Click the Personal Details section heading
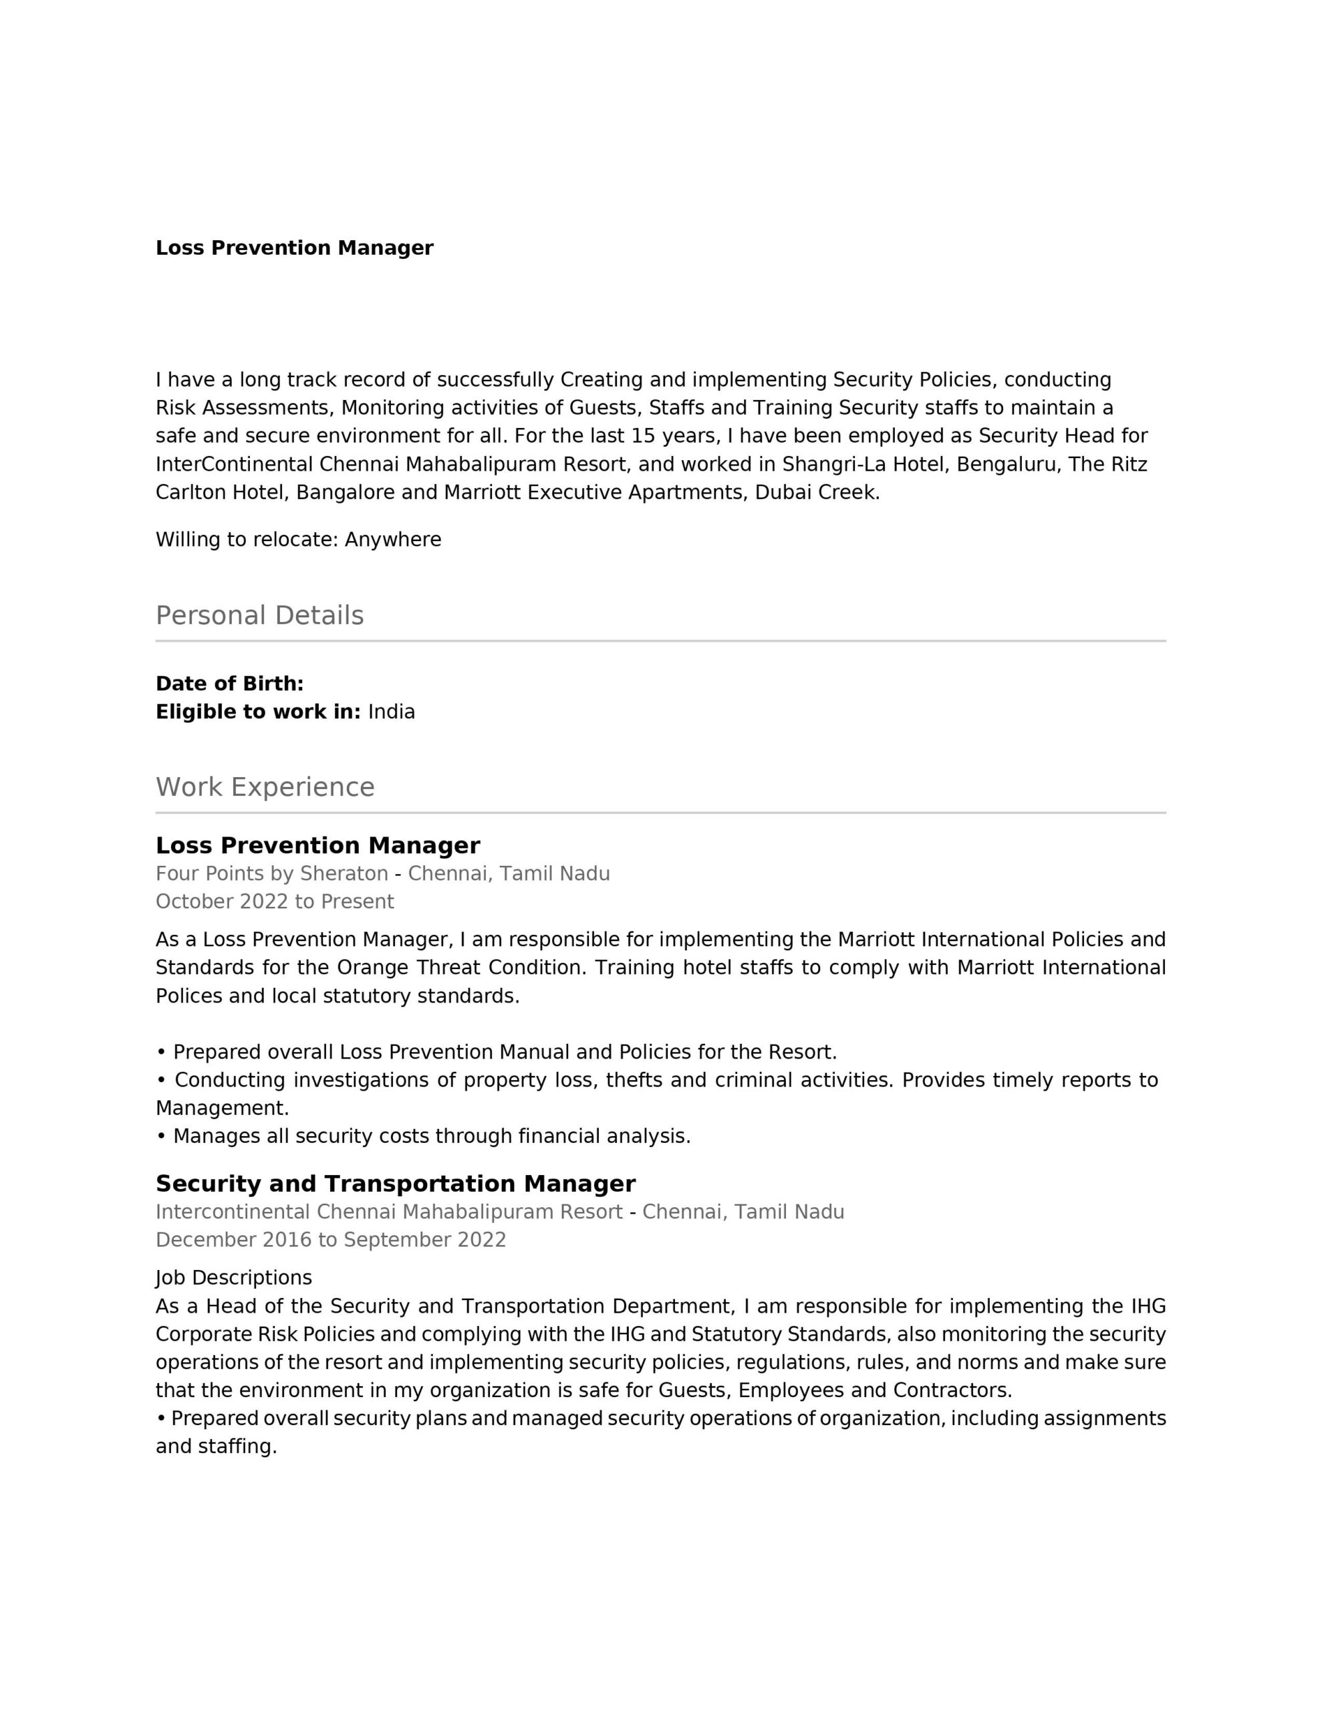tap(259, 615)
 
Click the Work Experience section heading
tap(265, 787)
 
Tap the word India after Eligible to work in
tap(391, 712)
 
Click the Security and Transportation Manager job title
tap(395, 1184)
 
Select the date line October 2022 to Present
tap(274, 901)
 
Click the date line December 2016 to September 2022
tap(331, 1240)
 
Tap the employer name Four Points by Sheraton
tap(272, 873)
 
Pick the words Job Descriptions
tap(233, 1278)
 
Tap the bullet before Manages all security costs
tap(160, 1137)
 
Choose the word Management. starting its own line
tap(223, 1108)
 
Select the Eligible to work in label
tap(258, 712)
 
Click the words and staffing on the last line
tap(217, 1447)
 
